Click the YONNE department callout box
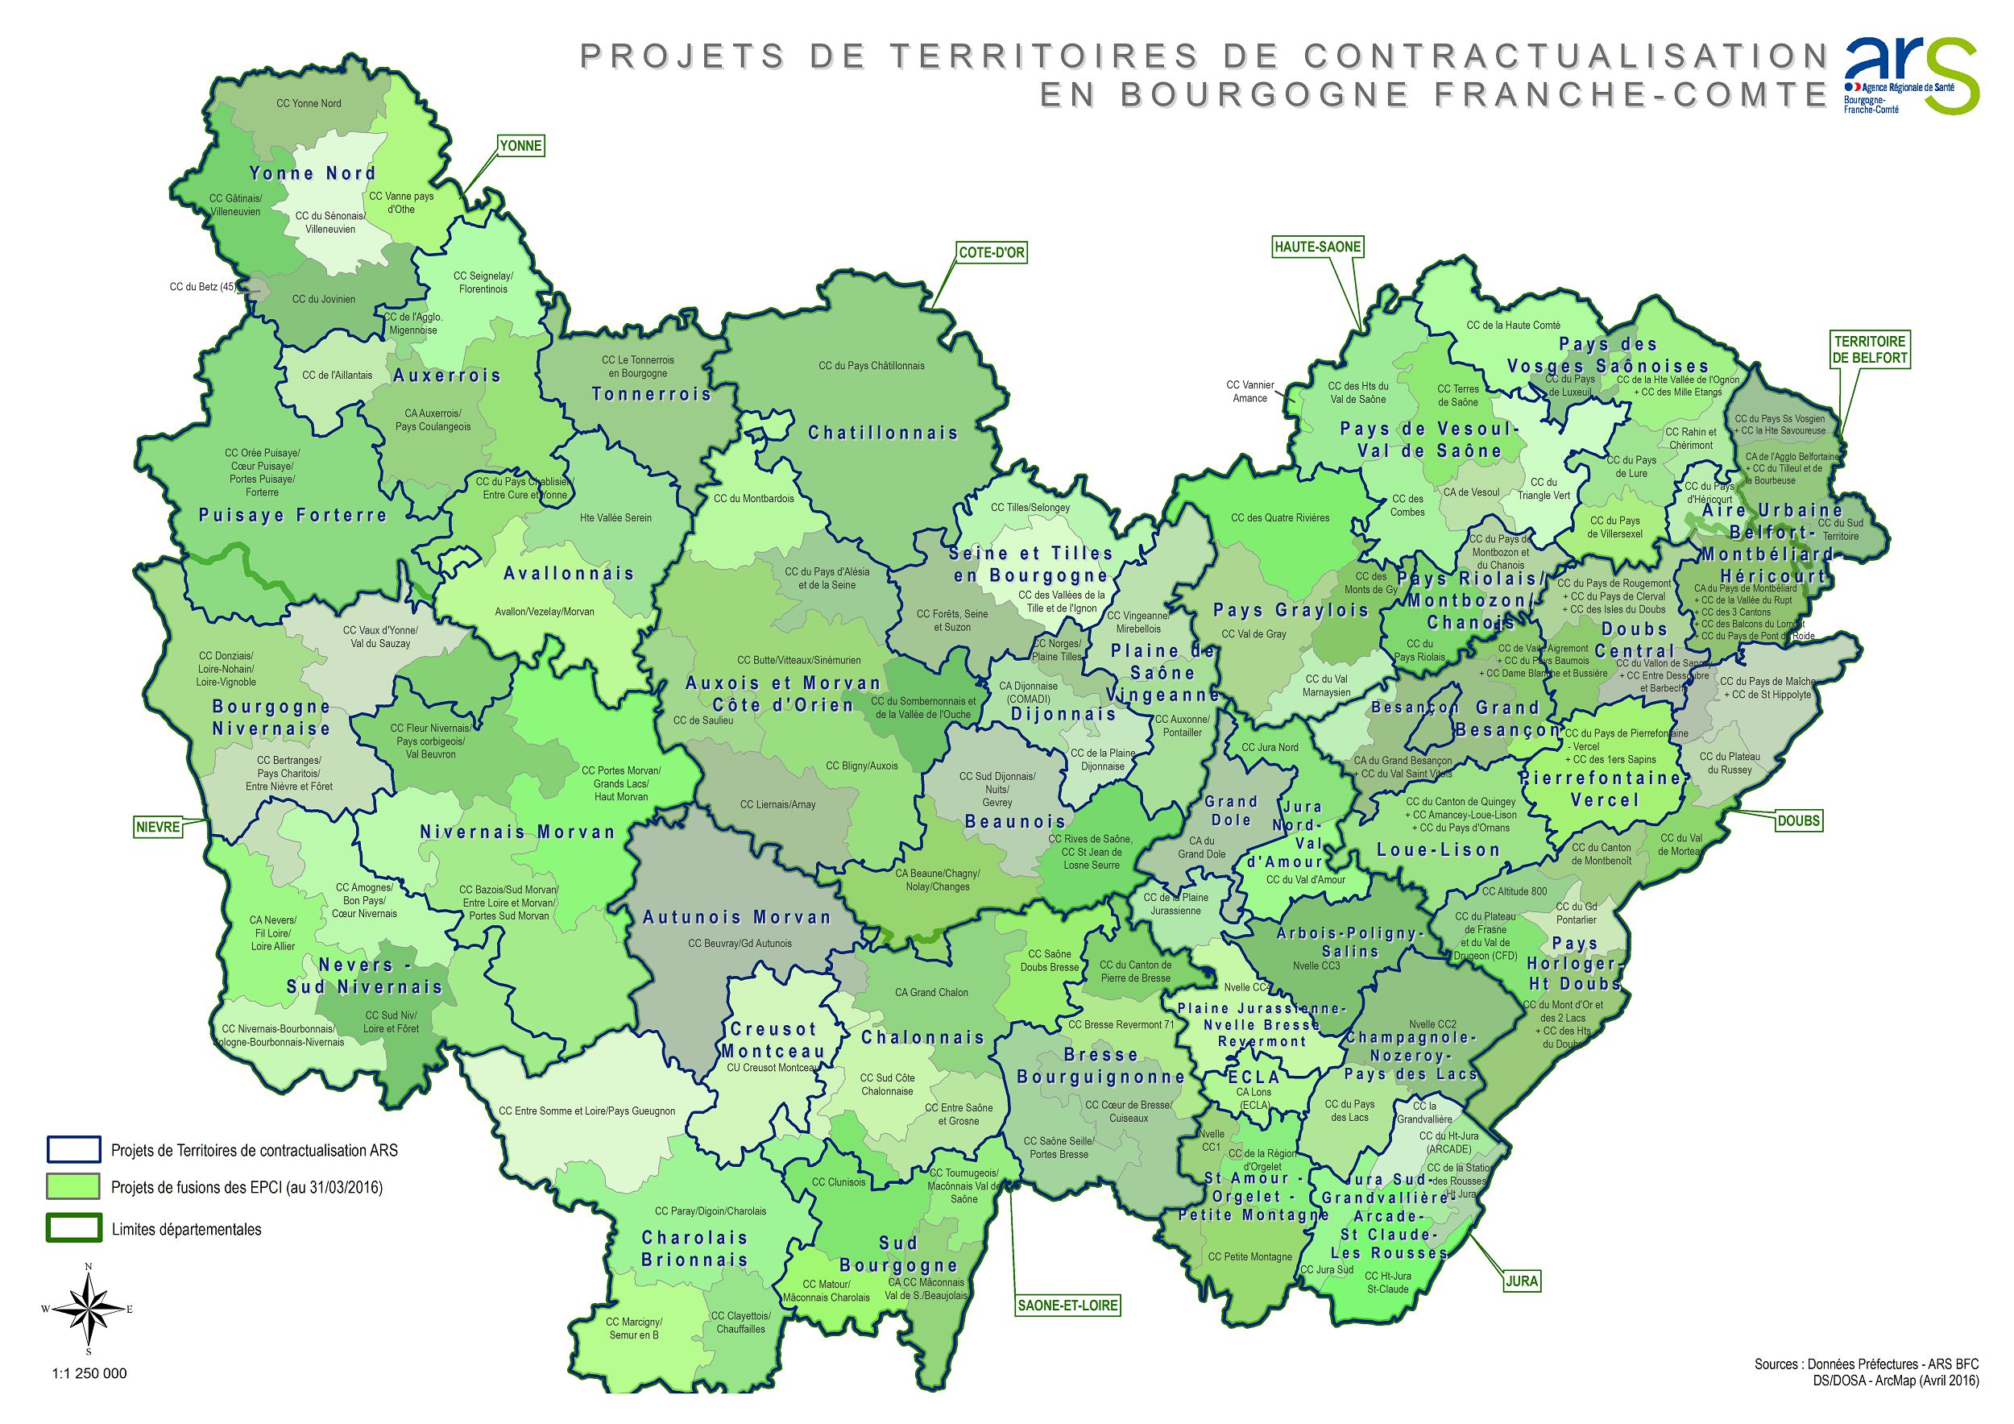[520, 146]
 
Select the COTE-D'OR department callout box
[991, 253]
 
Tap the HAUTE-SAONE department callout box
[1317, 247]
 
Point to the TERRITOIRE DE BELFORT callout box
[1870, 349]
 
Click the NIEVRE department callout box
[158, 827]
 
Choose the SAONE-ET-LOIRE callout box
[1067, 1305]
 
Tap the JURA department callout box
[1522, 1281]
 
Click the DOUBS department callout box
[1798, 821]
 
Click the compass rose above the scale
[88, 1308]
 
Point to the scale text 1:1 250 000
[89, 1374]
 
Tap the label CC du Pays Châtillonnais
[871, 366]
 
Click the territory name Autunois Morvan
[736, 918]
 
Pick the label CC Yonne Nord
[309, 103]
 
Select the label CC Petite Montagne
[1250, 1256]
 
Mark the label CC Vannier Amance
[1250, 392]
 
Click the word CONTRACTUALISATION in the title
[1564, 56]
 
